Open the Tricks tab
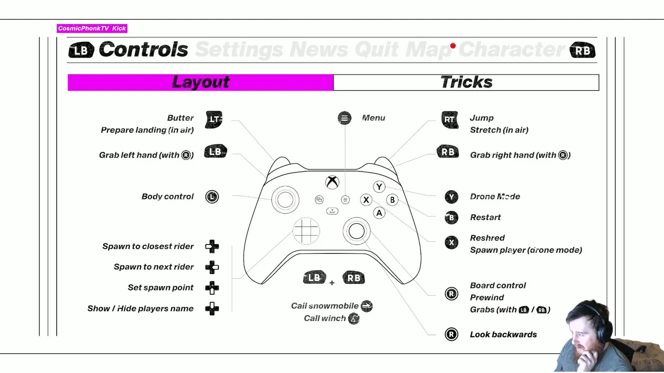pyautogui.click(x=466, y=82)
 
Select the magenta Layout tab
pyautogui.click(x=200, y=82)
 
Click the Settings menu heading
pyautogui.click(x=239, y=50)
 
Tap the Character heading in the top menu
pyautogui.click(x=511, y=50)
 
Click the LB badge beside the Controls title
pyautogui.click(x=81, y=50)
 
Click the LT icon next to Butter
pyautogui.click(x=214, y=119)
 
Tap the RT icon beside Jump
pyautogui.click(x=449, y=119)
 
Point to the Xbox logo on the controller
pyautogui.click(x=332, y=182)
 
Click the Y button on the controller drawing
pyautogui.click(x=379, y=187)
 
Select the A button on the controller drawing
pyautogui.click(x=379, y=213)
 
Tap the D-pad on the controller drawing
pyautogui.click(x=306, y=231)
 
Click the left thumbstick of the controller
pyautogui.click(x=285, y=200)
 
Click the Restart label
pyautogui.click(x=485, y=218)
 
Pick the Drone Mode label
pyautogui.click(x=494, y=197)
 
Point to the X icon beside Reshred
pyautogui.click(x=451, y=242)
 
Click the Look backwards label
pyautogui.click(x=503, y=335)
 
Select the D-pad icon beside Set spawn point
pyautogui.click(x=212, y=288)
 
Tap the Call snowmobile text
pyautogui.click(x=325, y=306)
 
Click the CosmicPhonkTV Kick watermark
pyautogui.click(x=92, y=28)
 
